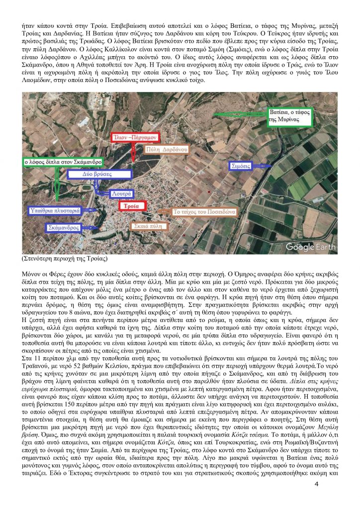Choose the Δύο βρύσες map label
[101, 174]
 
